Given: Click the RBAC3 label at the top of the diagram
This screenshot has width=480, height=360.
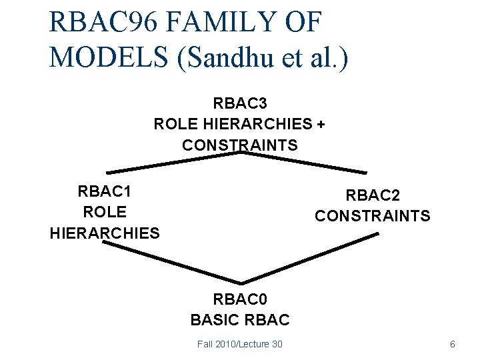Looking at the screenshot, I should click(x=240, y=103).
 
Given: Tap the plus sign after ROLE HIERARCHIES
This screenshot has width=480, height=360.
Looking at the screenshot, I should click(x=321, y=124).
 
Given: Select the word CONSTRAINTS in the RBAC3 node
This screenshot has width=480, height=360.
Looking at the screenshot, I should click(x=240, y=145).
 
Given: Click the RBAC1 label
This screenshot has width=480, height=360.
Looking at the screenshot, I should click(x=104, y=191).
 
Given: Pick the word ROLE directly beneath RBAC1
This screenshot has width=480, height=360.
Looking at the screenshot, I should click(x=104, y=212).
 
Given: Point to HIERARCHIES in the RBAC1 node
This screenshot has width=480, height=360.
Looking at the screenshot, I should click(x=105, y=233).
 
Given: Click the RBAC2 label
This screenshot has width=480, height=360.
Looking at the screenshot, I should click(x=372, y=195).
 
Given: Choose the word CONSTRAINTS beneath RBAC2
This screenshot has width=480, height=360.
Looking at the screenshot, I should click(x=372, y=216).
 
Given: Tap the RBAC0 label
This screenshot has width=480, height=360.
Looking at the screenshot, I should click(x=240, y=299).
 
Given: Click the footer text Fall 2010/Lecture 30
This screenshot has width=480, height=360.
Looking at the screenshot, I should click(x=240, y=343).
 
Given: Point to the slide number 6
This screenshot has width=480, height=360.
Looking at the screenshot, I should click(x=453, y=344).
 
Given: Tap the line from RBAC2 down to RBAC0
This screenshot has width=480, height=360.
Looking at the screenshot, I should click(x=310, y=259).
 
